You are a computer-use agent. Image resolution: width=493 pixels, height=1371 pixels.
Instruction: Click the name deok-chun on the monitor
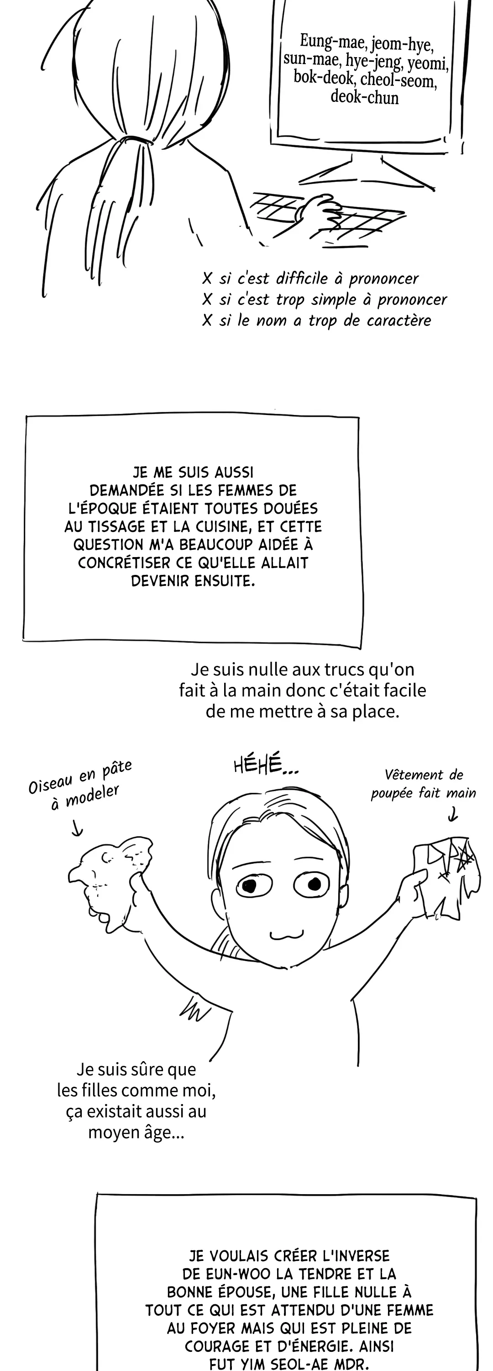point(364,97)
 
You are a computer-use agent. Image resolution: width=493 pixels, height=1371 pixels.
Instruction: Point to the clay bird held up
point(110,872)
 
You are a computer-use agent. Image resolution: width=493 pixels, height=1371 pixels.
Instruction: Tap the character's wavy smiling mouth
point(287,935)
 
